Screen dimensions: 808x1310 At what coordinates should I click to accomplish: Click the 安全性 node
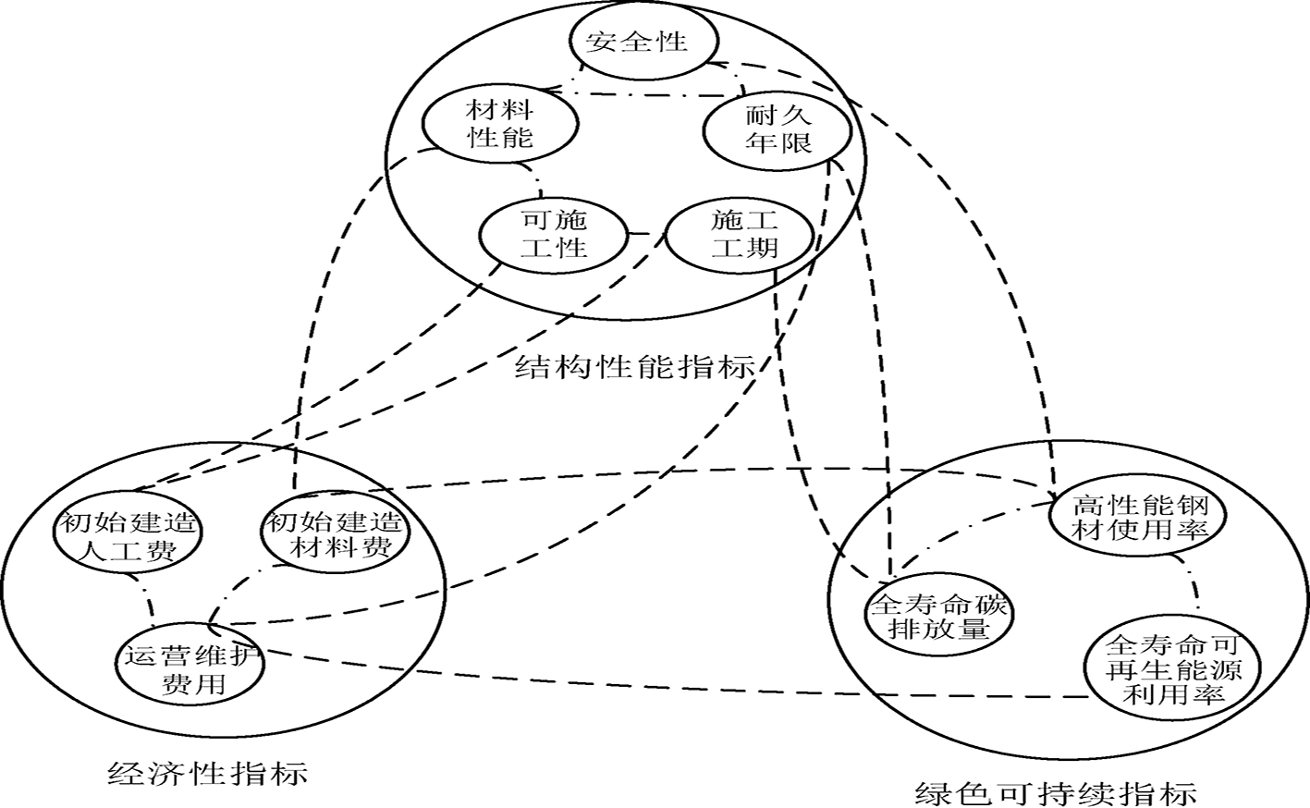(637, 42)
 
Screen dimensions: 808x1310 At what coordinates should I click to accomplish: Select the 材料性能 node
(500, 126)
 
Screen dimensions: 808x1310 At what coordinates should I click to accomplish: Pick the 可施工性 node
(554, 234)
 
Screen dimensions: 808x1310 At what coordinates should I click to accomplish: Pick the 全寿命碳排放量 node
(939, 618)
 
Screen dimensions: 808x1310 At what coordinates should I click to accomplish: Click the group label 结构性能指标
(635, 368)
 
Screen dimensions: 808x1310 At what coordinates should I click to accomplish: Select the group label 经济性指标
(208, 771)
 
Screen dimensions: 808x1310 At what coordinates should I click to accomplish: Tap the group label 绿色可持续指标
(1056, 792)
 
